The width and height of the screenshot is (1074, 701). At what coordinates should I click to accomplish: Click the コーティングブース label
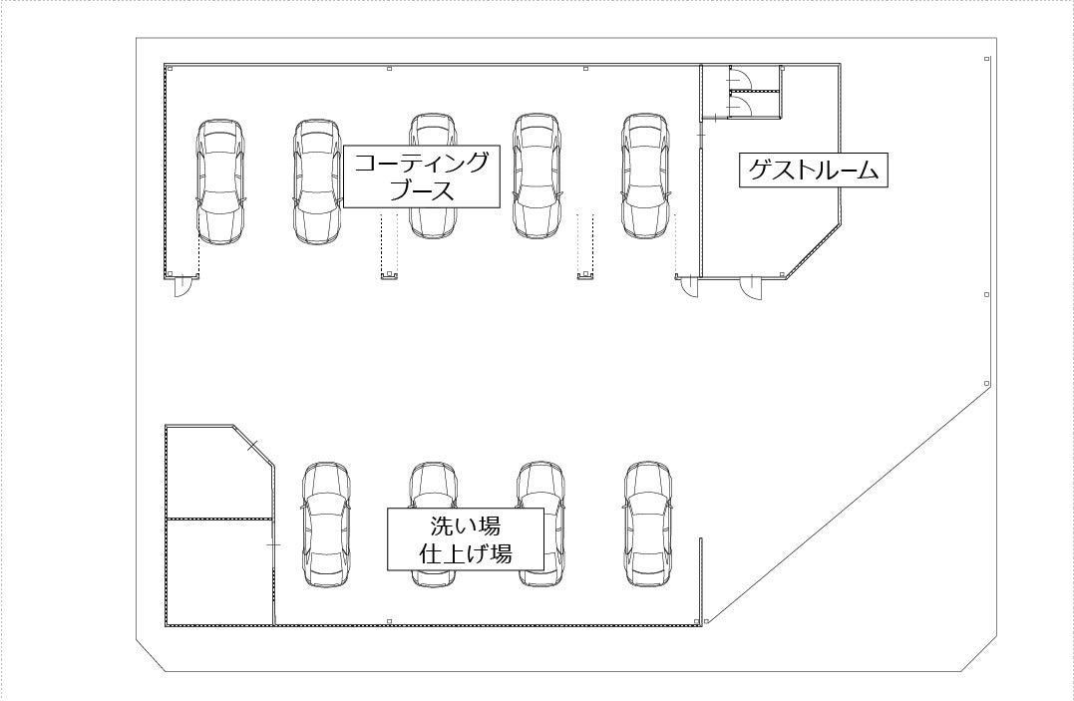tap(421, 176)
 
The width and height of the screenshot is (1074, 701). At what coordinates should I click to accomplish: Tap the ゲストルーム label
tap(814, 170)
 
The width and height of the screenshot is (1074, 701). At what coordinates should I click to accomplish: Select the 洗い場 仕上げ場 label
tap(466, 539)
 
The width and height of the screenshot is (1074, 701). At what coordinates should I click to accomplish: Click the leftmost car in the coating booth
tap(220, 181)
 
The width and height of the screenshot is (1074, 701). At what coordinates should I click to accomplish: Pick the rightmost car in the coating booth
tap(646, 176)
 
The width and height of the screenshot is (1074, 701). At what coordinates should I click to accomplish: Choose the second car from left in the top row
tap(316, 181)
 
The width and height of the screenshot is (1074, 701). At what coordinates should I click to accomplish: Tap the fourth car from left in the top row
tap(536, 176)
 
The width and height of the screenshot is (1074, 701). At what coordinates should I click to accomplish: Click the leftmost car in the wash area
tap(327, 524)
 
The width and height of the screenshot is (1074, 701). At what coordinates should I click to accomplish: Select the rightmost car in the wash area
tap(648, 524)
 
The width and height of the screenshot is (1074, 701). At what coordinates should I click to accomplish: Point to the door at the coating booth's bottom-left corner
tap(184, 288)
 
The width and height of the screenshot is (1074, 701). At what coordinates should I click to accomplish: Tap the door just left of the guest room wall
tap(689, 287)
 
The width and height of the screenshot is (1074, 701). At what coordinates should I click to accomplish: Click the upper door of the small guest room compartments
tap(739, 78)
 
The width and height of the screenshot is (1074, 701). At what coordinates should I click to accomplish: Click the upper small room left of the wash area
tap(214, 474)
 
